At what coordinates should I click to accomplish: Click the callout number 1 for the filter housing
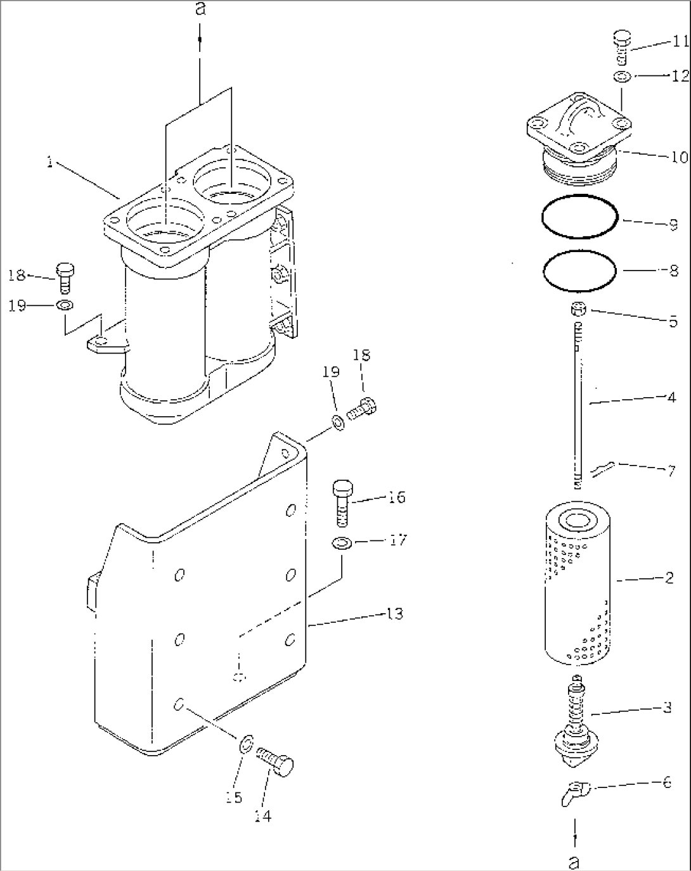49,163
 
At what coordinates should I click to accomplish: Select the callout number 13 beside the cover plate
394,614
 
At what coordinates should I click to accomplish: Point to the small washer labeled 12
621,77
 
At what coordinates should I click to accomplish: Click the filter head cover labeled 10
576,139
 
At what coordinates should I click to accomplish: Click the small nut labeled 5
578,310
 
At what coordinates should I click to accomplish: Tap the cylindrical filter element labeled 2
576,583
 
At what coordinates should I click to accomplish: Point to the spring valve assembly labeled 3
576,722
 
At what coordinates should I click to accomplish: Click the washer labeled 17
342,543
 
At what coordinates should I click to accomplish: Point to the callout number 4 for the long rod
671,398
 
